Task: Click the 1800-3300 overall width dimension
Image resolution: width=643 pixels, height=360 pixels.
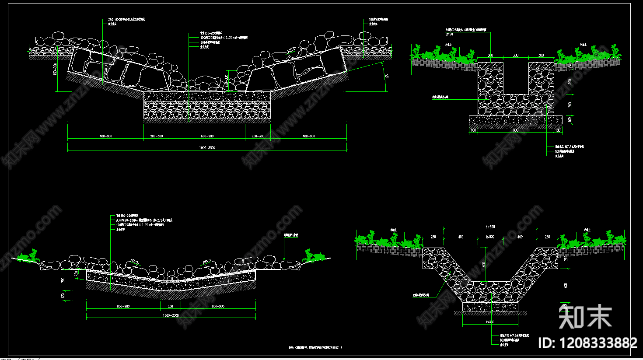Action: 207,148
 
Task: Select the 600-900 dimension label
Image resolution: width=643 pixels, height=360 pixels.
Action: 207,136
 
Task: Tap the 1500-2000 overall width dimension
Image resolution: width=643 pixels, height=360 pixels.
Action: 171,315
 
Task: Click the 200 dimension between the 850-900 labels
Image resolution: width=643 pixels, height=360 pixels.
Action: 170,306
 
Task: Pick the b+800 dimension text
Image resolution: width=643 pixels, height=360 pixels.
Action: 490,227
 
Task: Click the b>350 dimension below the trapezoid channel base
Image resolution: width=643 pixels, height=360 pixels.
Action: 490,322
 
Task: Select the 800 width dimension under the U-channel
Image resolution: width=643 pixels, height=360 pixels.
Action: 516,130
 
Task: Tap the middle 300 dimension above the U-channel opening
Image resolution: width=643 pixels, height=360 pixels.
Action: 516,56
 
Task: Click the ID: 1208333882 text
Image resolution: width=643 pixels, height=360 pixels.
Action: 587,343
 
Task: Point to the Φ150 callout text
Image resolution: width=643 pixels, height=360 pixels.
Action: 449,34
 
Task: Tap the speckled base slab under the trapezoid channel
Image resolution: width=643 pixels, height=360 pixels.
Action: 490,307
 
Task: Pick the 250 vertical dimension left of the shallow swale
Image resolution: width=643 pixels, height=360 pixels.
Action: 63,280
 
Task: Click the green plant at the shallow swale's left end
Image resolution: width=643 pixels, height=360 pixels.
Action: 31,255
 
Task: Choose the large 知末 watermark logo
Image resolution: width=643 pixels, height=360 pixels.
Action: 585,316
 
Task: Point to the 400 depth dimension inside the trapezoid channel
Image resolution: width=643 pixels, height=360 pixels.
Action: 484,264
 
